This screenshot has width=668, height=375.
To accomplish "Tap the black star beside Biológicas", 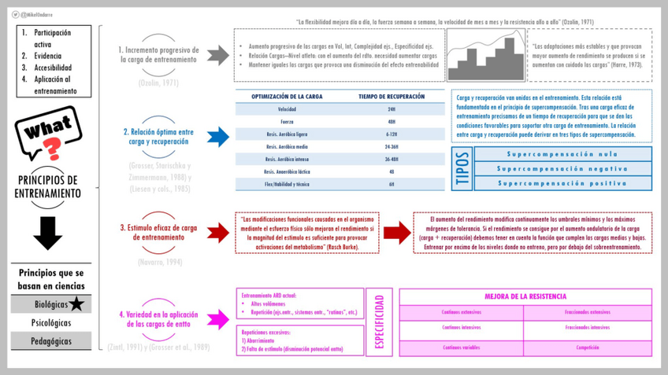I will point(76,304).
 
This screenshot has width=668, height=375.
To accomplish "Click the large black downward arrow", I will point(48,233).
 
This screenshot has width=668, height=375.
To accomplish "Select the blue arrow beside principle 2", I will point(218,138).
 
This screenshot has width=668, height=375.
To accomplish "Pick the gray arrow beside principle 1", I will point(218,54).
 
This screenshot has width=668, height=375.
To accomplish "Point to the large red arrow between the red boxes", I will point(397,232).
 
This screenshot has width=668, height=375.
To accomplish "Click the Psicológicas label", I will point(51,322).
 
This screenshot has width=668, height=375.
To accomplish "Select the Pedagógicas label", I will point(51,341).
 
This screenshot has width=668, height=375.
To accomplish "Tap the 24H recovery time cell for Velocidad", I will point(392,109).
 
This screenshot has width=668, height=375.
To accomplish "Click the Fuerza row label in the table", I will point(287,122).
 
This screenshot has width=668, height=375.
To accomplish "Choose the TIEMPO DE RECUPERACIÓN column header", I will point(392,97).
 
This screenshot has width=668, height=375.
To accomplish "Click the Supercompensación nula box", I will point(562,154).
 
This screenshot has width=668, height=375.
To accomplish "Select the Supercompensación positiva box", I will point(562,183).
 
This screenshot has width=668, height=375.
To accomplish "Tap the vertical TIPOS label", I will point(462,169).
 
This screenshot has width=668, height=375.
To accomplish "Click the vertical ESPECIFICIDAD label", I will point(380,322).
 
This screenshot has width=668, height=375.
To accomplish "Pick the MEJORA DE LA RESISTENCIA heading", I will point(525,296).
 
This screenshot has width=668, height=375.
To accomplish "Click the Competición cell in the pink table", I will point(587,347).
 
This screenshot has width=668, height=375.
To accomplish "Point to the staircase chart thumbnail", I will point(485,55).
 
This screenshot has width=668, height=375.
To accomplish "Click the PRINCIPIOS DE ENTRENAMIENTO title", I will point(49,186).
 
